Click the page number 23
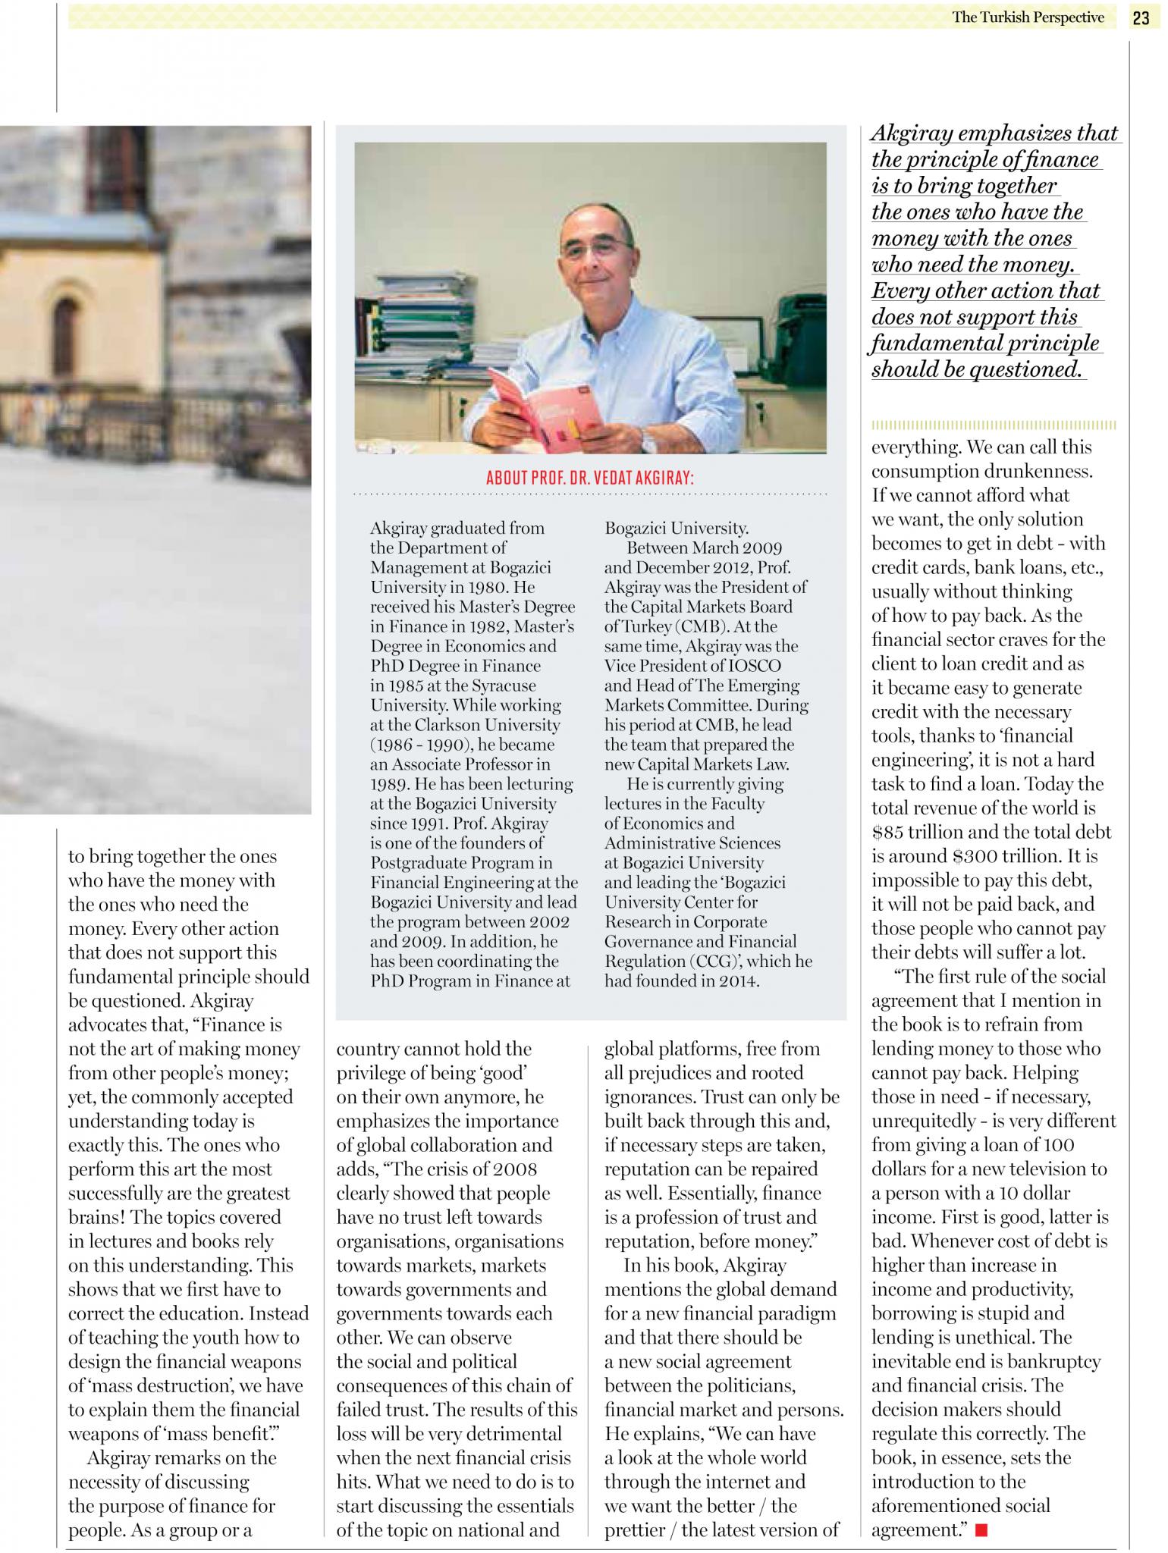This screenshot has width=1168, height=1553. [x=1141, y=18]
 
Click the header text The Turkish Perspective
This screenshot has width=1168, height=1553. [x=1028, y=17]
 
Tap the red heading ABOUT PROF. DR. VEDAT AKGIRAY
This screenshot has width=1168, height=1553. [x=590, y=478]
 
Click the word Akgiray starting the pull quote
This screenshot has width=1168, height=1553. [x=912, y=133]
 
